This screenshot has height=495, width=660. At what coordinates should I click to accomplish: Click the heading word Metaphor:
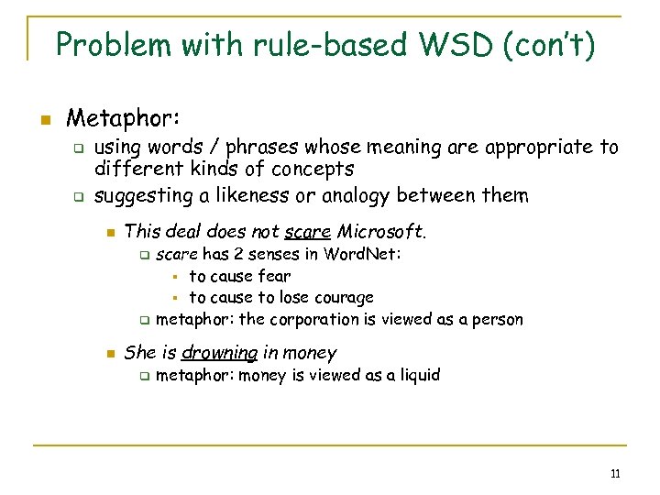tap(124, 118)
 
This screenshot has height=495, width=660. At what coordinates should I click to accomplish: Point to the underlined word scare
tap(307, 230)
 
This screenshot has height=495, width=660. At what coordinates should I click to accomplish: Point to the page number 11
tap(615, 474)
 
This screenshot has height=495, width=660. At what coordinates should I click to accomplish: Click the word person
tap(498, 320)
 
